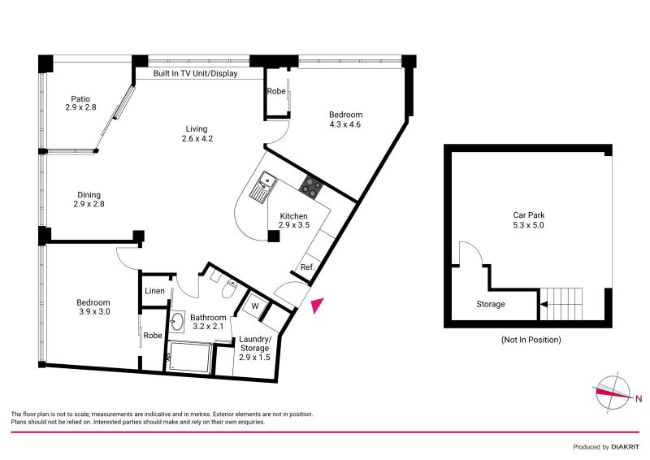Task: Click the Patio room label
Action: click(80, 101)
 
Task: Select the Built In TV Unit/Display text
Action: click(198, 73)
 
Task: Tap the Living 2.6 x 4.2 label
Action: click(196, 133)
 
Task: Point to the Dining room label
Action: click(89, 199)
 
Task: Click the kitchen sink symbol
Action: click(263, 188)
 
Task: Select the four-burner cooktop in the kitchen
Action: click(310, 187)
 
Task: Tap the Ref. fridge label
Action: click(307, 267)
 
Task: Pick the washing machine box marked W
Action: click(255, 306)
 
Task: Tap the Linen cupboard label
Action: click(154, 291)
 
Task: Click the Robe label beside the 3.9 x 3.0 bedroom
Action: click(153, 335)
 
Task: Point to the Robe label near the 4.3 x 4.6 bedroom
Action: click(276, 92)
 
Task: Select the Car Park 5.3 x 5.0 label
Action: click(528, 220)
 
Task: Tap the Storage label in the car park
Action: click(490, 305)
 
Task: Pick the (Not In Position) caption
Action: click(531, 340)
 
